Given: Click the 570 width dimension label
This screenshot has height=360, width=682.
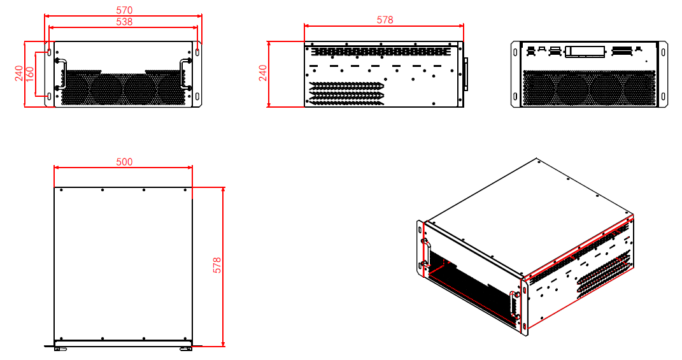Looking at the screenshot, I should point(124,10).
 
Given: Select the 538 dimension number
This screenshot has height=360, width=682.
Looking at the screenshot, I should point(124,22).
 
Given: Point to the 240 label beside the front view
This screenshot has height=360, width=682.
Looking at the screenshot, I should point(18,74).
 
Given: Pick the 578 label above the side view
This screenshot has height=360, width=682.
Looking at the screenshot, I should point(385,20).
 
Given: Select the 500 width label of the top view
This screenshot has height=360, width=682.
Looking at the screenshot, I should point(124,162).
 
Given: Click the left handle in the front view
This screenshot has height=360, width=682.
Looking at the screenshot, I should point(60,74).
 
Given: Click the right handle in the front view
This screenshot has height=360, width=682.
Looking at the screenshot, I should point(185,74).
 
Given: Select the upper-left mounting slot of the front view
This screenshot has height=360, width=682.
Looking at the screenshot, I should point(49,52).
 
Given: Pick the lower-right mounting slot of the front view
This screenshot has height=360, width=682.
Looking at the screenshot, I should point(197,96).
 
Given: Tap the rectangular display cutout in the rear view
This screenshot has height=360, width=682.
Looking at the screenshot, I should point(585,51).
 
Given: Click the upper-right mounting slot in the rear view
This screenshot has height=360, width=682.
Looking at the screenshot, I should point(663,52).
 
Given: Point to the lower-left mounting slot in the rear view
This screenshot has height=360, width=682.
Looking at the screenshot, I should point(516,97).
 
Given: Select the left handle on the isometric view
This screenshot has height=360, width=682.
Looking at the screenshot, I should point(425,253).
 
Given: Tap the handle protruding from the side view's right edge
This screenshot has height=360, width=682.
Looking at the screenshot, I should point(466,74).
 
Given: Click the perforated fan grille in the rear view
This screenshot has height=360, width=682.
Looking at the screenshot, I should point(589,88).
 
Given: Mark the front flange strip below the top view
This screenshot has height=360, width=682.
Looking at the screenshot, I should point(123,345).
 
